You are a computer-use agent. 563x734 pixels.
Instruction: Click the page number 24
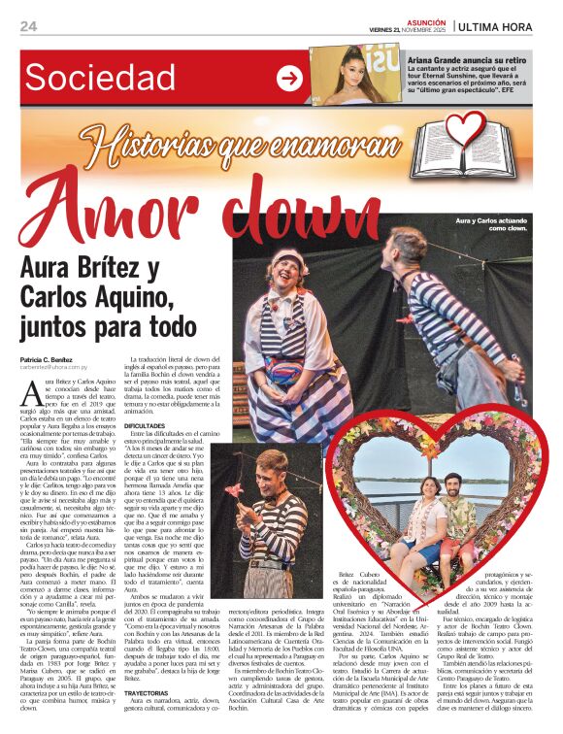click(x=28, y=26)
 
